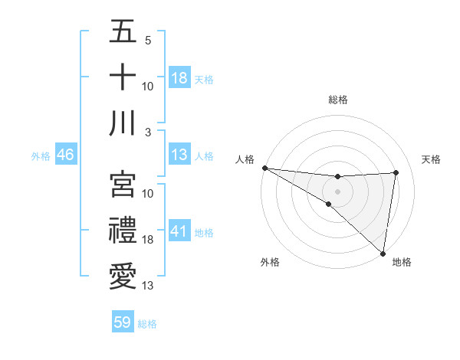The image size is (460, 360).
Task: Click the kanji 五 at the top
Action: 123,31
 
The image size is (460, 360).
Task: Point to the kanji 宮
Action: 123,183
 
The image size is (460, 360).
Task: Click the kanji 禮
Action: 123,230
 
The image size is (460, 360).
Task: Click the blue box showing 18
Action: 179,77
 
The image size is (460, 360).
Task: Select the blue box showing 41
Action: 179,231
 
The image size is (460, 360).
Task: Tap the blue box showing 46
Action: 66,155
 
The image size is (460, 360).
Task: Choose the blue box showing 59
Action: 123,322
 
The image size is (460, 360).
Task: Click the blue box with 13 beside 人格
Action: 179,155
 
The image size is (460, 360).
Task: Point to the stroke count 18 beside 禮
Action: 149,240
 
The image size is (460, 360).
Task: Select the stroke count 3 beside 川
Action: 148,133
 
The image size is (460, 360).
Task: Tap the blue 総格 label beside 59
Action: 147,324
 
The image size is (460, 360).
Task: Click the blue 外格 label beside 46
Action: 41,155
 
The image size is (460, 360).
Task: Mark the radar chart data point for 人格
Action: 264,168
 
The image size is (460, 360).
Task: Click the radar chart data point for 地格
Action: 383,253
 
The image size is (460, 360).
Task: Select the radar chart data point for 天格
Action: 396,172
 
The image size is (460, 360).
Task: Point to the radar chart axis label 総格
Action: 337,100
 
